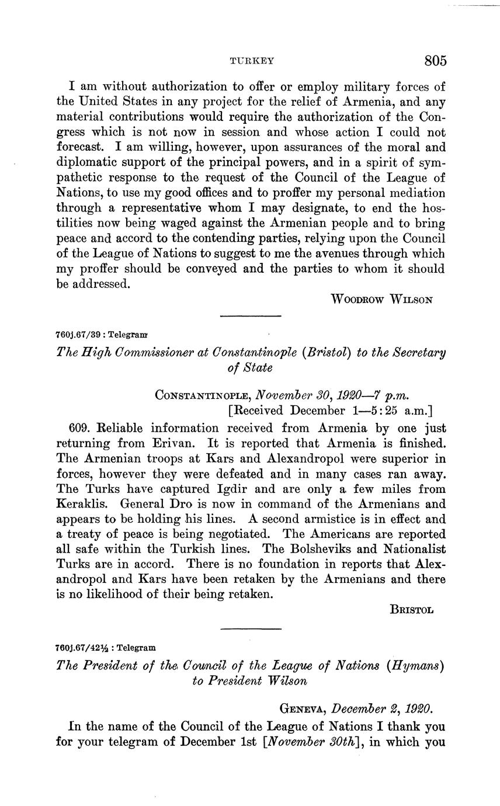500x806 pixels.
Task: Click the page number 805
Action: [436, 61]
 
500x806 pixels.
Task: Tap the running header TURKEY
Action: [252, 61]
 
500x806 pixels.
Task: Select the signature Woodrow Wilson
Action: [381, 300]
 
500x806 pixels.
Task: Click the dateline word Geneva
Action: [303, 709]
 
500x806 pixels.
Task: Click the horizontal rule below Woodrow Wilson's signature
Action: [251, 317]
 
